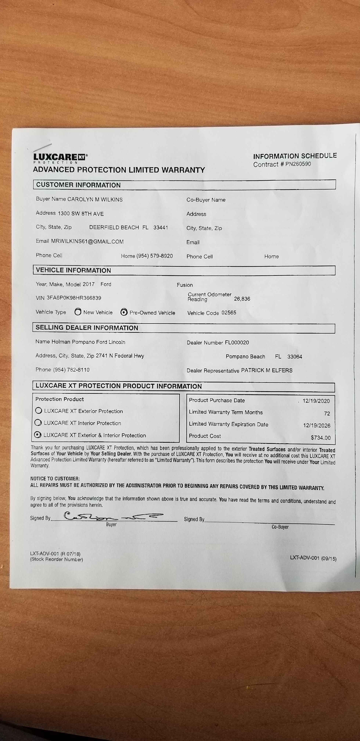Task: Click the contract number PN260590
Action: pos(298,164)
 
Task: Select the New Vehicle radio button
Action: pos(78,312)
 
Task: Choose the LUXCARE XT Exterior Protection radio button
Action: pos(39,411)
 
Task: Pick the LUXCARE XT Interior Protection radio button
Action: pos(38,423)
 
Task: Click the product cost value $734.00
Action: pos(321,438)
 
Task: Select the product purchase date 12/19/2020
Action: pos(316,401)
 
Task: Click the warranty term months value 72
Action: pos(327,413)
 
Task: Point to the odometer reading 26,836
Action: pos(242,299)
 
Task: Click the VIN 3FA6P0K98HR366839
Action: pos(74,298)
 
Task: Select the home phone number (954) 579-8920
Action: pos(154,256)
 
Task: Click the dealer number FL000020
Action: pos(237,343)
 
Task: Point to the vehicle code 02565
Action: pos(229,313)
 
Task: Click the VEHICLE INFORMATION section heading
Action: pos(73,270)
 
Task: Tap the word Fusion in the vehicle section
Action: pos(185,285)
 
